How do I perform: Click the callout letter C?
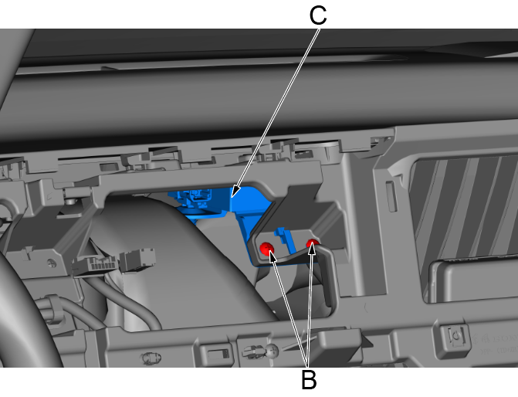click(318, 15)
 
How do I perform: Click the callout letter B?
click(309, 379)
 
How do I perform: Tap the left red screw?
click(266, 248)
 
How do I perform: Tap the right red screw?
click(313, 244)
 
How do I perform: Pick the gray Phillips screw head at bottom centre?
click(273, 351)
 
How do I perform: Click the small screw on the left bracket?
click(52, 263)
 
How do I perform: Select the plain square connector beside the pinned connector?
click(137, 260)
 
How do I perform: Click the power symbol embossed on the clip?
click(457, 336)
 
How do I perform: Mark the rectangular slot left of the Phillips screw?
click(217, 354)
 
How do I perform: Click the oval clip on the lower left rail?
click(151, 358)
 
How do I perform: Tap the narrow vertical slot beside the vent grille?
click(391, 196)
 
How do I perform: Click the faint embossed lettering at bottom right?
click(495, 344)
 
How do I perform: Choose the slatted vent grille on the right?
click(462, 212)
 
